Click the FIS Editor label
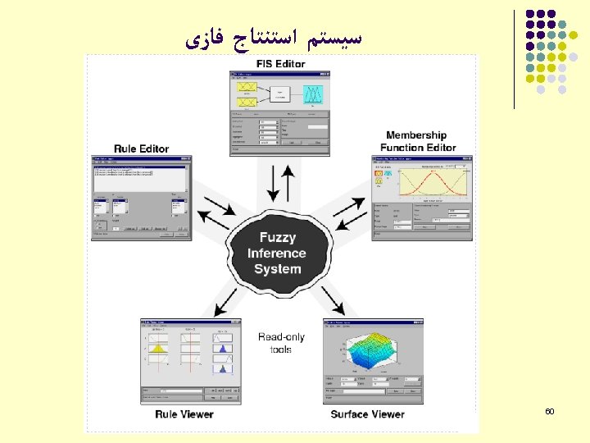click(x=280, y=64)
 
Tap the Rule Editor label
click(x=141, y=148)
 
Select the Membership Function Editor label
click(x=417, y=141)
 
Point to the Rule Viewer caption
click(x=184, y=414)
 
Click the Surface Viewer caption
click(x=367, y=414)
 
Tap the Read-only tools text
click(x=280, y=343)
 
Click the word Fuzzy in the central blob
click(x=278, y=237)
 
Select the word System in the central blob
click(x=278, y=269)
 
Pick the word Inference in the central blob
click(x=278, y=253)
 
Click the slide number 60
click(x=549, y=409)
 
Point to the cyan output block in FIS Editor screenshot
click(x=312, y=95)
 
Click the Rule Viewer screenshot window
click(x=191, y=361)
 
